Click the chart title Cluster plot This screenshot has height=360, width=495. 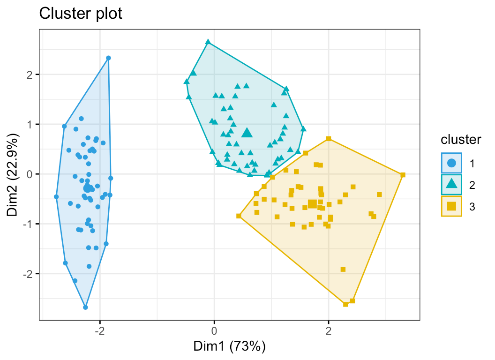click(81, 14)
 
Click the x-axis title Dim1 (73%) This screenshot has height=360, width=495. click(230, 346)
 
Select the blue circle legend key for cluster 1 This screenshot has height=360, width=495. click(451, 163)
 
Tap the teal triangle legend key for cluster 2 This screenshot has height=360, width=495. click(451, 185)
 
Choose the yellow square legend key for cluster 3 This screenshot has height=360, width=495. click(451, 206)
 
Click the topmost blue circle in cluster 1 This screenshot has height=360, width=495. click(108, 58)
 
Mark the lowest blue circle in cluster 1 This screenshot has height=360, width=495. click(85, 307)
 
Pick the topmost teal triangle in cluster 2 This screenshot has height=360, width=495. click(208, 42)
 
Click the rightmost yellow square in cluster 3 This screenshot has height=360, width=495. click(403, 175)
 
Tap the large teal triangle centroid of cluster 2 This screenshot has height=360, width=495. click(247, 133)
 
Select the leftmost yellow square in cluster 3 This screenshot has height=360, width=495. click(239, 216)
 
